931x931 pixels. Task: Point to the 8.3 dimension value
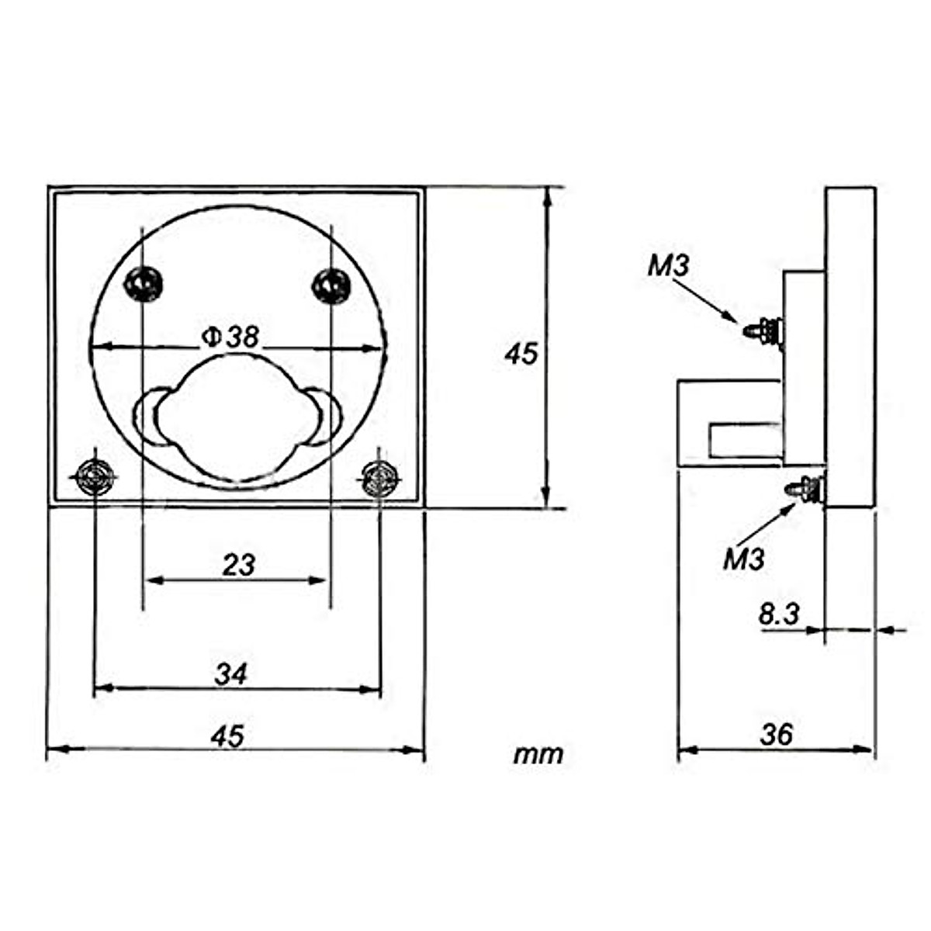click(x=779, y=614)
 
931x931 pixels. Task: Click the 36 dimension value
click(x=777, y=735)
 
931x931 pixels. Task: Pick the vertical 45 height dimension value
click(x=521, y=354)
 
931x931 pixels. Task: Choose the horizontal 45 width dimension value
click(x=227, y=737)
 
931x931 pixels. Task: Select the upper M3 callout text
click(x=668, y=266)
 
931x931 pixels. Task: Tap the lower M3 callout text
click(x=744, y=560)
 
